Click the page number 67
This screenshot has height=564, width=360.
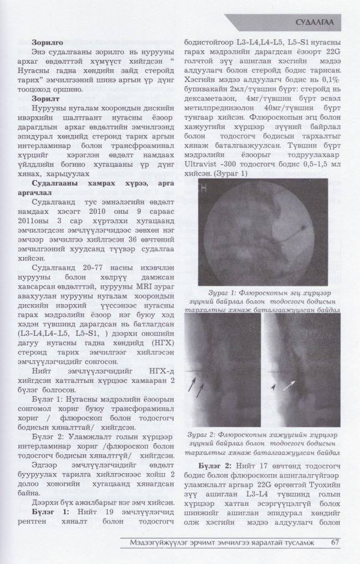pyautogui.click(x=335, y=542)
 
